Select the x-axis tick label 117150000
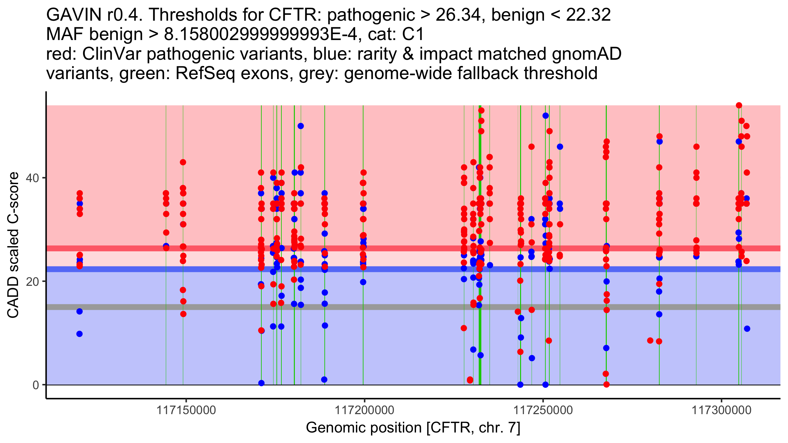(x=186, y=410)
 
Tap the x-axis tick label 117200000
(x=364, y=410)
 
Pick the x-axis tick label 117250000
(x=543, y=410)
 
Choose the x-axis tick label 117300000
(x=721, y=410)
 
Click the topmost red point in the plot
(x=739, y=105)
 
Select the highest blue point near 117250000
(x=546, y=116)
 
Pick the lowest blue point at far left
(x=79, y=334)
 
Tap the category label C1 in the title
(x=413, y=34)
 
